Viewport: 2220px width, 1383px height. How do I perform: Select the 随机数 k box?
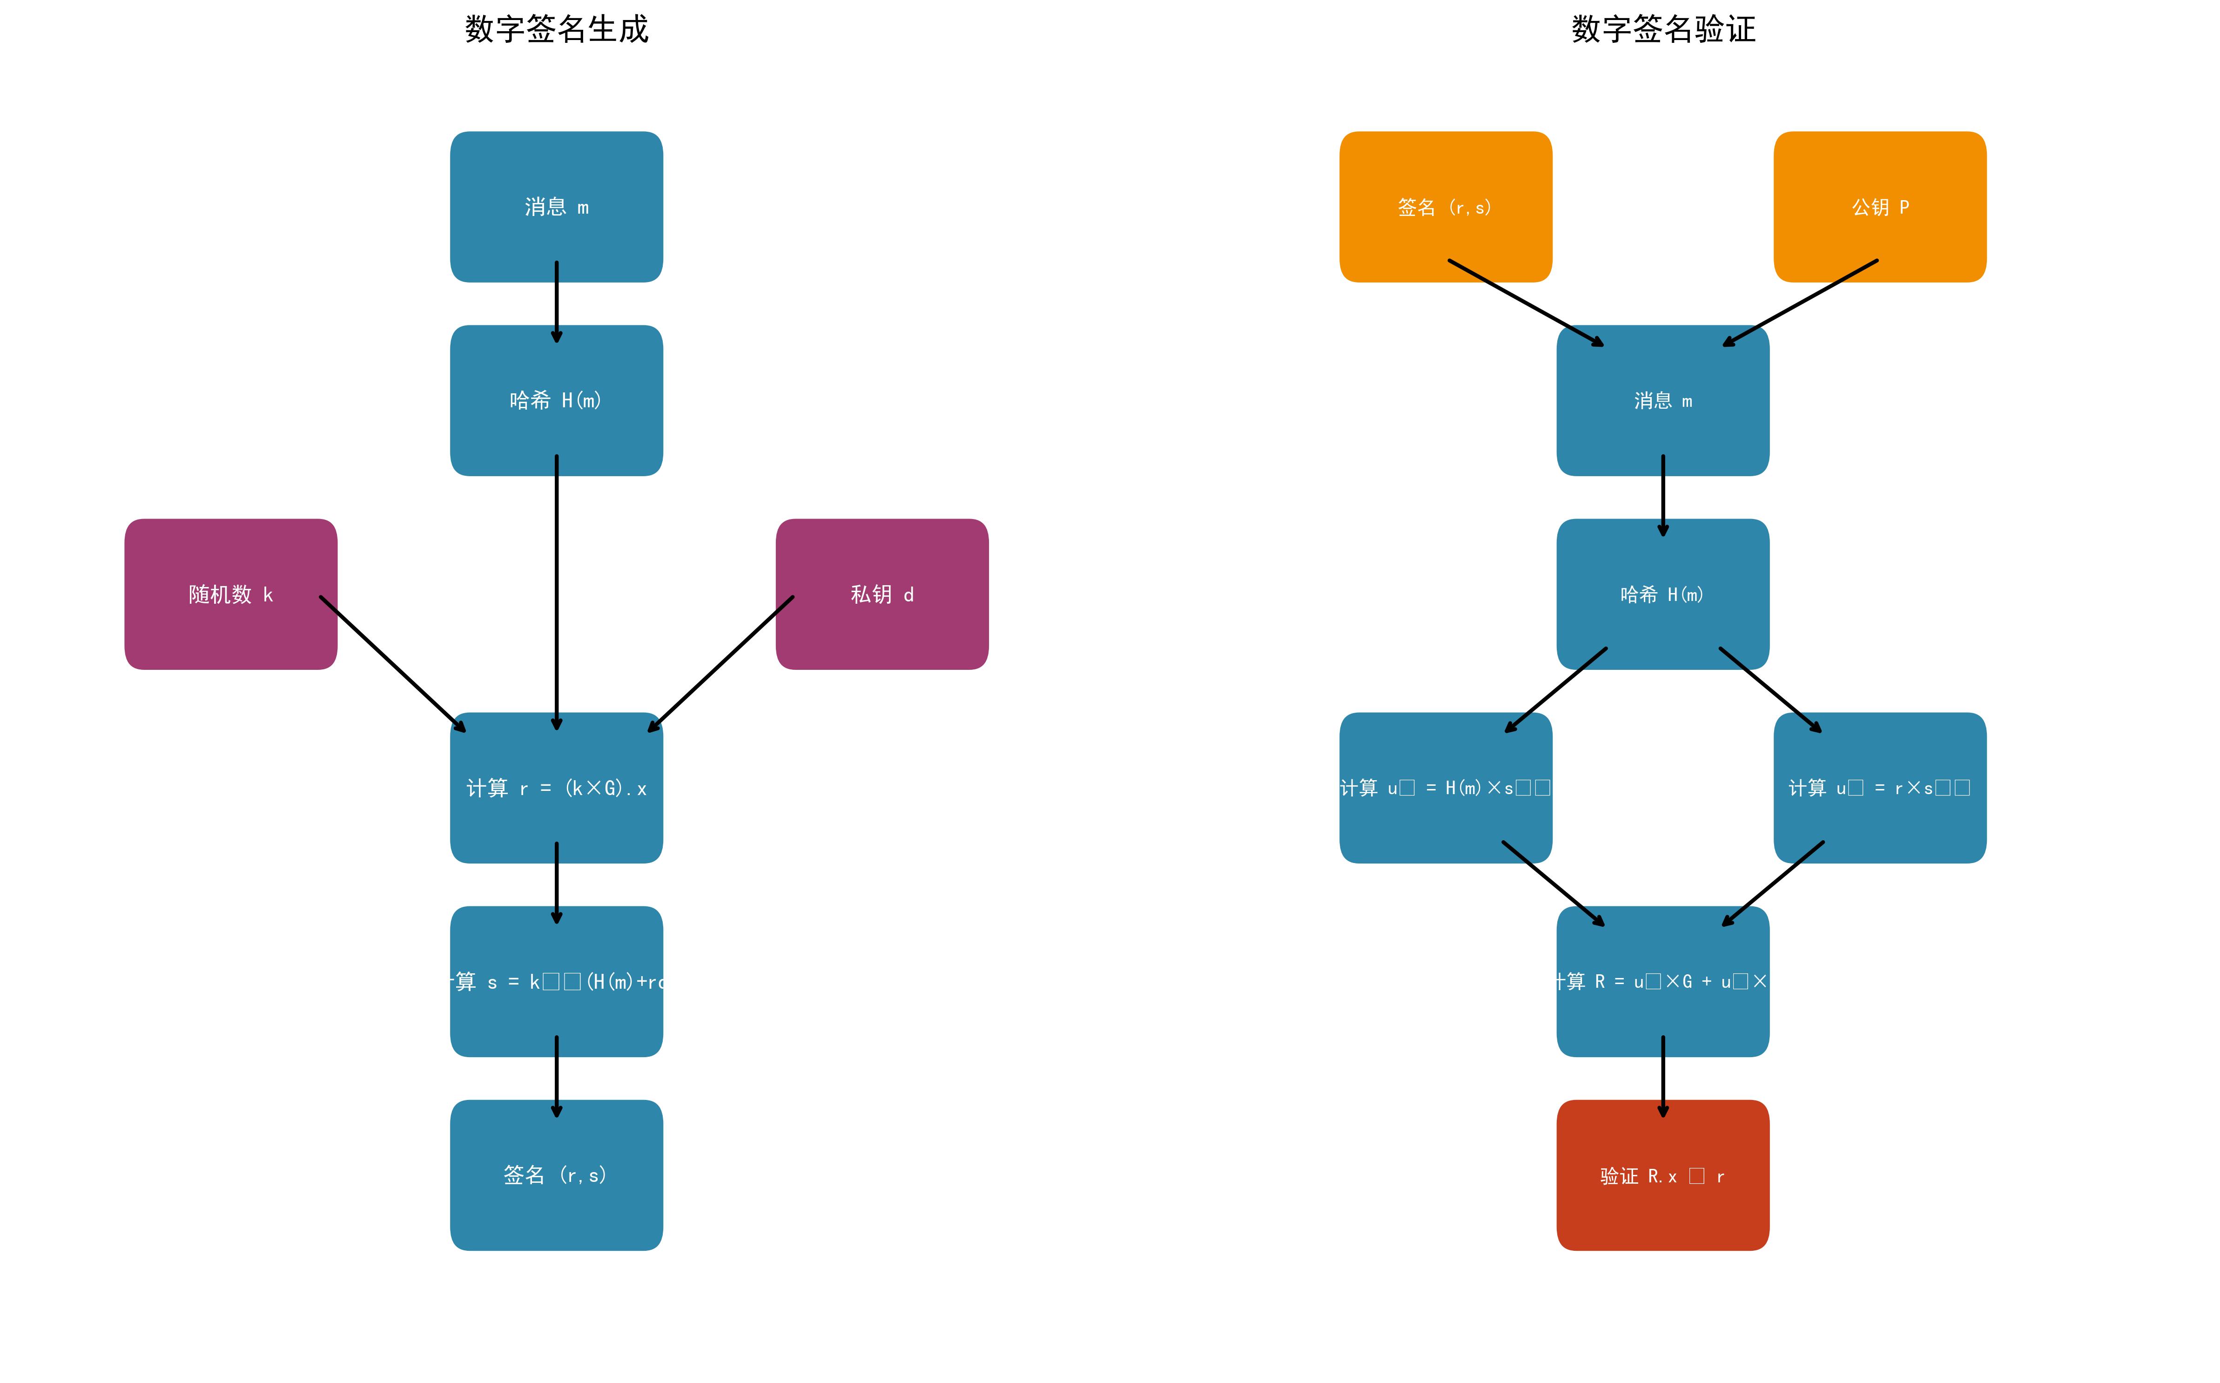[x=230, y=594]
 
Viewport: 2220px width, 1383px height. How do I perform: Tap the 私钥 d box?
[x=881, y=594]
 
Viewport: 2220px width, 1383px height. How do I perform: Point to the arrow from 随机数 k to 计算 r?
[x=393, y=664]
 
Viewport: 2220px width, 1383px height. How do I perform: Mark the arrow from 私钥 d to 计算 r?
[x=720, y=664]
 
